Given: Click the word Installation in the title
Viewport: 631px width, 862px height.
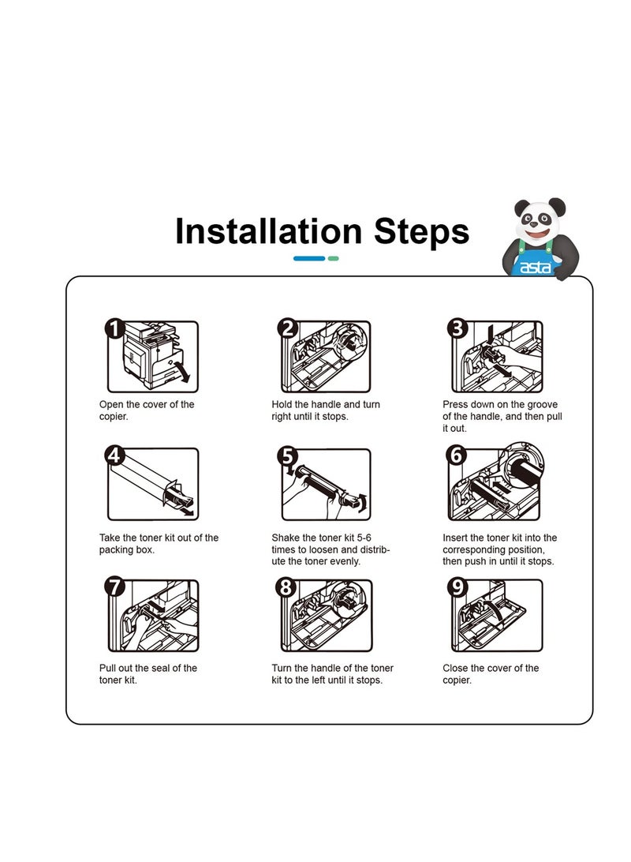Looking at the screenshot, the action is pos(268,230).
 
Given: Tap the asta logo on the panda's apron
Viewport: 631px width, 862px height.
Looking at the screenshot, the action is pos(535,268).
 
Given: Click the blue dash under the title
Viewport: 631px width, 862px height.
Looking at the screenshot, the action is pos(309,258).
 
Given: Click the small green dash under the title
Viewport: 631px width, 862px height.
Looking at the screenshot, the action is pos(333,258).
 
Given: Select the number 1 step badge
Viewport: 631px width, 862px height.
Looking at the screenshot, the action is pos(115,328).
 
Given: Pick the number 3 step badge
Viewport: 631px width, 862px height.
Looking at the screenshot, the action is pos(457,328).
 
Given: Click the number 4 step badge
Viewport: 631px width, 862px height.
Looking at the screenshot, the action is pos(115,455).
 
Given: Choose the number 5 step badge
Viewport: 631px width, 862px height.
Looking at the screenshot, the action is pos(287,455).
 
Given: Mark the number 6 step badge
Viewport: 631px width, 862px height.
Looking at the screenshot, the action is pos(457,455).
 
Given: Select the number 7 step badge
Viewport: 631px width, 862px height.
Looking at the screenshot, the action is pos(115,587).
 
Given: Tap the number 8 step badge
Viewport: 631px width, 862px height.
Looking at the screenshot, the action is pos(286,587).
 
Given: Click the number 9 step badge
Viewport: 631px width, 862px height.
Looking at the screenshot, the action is pos(457,587).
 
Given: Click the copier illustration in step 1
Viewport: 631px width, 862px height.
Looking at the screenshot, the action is pos(153,354).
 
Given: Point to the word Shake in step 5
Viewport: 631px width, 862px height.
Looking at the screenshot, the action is pos(286,538).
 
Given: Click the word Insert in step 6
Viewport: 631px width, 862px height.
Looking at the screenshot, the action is pos(455,538).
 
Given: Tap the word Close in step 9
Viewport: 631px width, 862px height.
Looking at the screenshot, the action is pos(455,668).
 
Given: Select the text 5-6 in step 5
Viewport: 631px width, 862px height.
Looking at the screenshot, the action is pos(364,538).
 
